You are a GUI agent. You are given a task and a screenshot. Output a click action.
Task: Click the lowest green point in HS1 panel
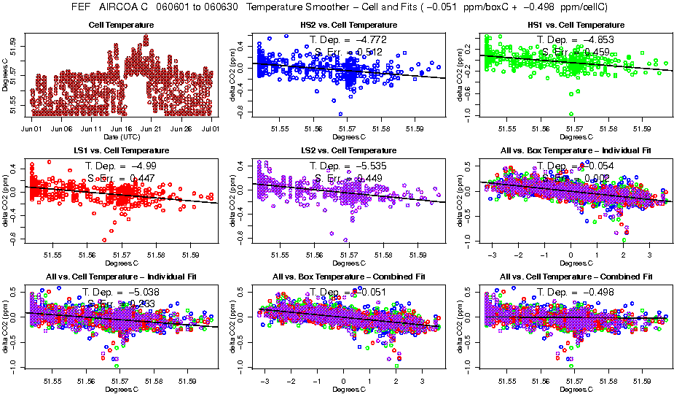point(571,114)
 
